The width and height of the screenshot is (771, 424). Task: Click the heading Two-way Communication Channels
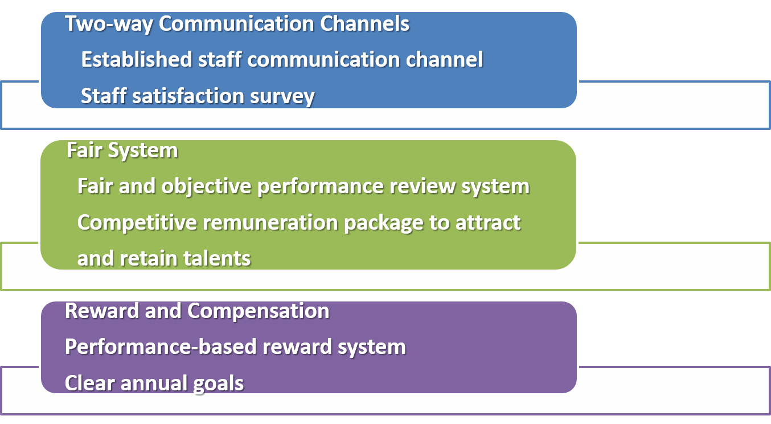[x=237, y=24]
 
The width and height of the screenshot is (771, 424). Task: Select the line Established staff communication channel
[x=282, y=59]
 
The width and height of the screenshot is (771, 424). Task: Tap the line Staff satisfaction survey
[x=198, y=96]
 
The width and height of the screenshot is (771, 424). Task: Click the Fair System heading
[x=122, y=150]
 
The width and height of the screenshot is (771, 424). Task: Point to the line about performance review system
[x=304, y=187]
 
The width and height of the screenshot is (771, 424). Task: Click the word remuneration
[x=270, y=222]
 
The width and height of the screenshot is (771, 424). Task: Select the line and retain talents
[x=164, y=259]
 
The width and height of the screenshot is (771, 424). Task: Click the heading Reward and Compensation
[x=197, y=311]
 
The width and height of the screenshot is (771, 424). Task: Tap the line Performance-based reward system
[x=235, y=347]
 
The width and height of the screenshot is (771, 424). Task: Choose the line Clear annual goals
[x=154, y=384]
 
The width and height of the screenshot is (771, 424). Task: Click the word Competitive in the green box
[x=137, y=223]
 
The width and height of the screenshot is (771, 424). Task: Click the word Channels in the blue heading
[x=365, y=24]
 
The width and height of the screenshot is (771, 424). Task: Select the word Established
[x=136, y=59]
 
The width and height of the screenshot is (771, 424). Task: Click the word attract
[x=488, y=223]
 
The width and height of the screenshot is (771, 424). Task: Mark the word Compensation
[x=258, y=312]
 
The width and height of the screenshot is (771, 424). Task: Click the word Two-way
[x=109, y=25]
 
